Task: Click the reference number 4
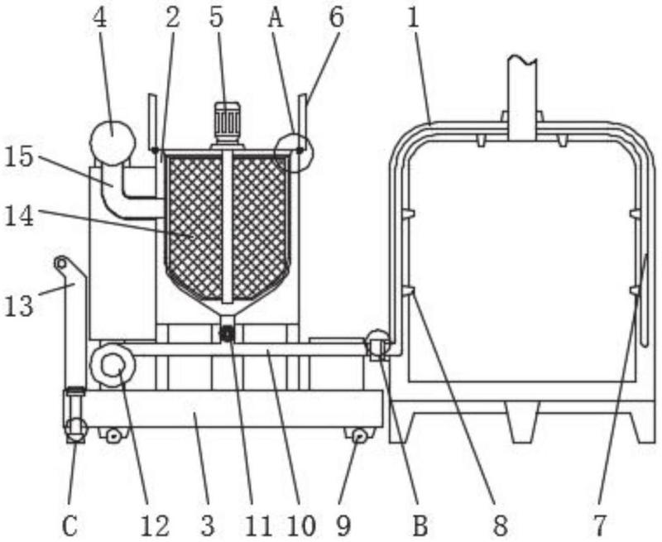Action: pos(100,18)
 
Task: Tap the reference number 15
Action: pos(18,157)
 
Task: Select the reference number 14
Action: pos(19,217)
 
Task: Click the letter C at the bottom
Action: pos(70,525)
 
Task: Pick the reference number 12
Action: pos(155,525)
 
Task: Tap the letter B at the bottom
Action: pos(420,525)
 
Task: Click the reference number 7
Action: pos(599,525)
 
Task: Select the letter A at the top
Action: pos(276,18)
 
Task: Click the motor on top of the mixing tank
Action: pos(227,122)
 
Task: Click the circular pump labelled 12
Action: pos(113,365)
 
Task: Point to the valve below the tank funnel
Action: pos(228,334)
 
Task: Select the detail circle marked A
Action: pos(295,152)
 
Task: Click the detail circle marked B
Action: pos(378,343)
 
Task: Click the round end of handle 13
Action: pos(61,263)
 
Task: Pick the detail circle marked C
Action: pos(75,429)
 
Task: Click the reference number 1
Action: pos(413,18)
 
